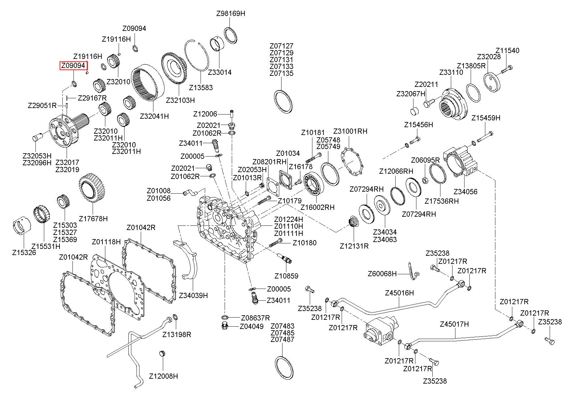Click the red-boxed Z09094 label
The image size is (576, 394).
pyautogui.click(x=73, y=66)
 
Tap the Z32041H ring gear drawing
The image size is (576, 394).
pyautogui.click(x=148, y=84)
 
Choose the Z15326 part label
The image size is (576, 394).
pyautogui.click(x=24, y=252)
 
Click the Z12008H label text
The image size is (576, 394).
pyautogui.click(x=164, y=376)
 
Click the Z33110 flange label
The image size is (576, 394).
pyautogui.click(x=451, y=72)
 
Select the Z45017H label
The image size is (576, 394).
pyautogui.click(x=454, y=324)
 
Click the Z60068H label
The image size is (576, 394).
pyautogui.click(x=382, y=274)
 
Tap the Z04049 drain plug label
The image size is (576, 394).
pyautogui.click(x=251, y=326)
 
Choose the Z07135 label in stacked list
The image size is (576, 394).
pyautogui.click(x=281, y=73)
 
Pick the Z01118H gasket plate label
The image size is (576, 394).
pyautogui.click(x=106, y=242)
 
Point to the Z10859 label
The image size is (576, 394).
pyautogui.click(x=286, y=276)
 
